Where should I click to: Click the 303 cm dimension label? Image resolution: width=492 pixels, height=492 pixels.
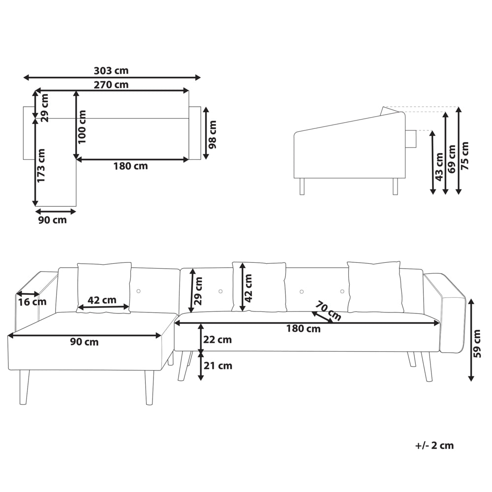click(x=111, y=70)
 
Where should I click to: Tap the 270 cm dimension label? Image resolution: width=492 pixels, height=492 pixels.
click(x=111, y=85)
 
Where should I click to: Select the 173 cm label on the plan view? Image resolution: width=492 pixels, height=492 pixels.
click(x=41, y=165)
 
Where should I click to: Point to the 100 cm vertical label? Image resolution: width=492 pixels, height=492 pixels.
click(x=82, y=127)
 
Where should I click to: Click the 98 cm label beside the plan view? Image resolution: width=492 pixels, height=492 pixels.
click(x=213, y=135)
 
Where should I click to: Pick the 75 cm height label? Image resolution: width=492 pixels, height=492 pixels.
click(x=465, y=156)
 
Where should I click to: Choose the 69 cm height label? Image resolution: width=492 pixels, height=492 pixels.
click(x=452, y=159)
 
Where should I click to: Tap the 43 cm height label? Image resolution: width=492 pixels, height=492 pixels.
click(x=439, y=167)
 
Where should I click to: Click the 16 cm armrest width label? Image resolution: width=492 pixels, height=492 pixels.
click(x=32, y=302)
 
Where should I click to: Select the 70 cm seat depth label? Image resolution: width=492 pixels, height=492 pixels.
click(x=328, y=310)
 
